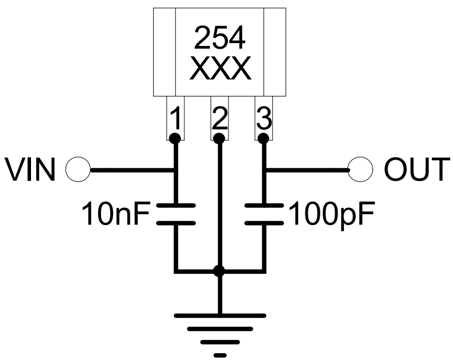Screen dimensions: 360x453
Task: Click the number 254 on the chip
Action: [x=220, y=38]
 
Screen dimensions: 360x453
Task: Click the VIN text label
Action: [x=31, y=170]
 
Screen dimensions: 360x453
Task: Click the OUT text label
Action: [x=415, y=170]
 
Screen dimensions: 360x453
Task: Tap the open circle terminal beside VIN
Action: [x=78, y=170]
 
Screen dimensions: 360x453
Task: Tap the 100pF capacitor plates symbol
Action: [x=264, y=214]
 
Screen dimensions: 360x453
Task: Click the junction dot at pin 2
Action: [x=219, y=138]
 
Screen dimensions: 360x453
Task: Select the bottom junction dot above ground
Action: [x=219, y=270]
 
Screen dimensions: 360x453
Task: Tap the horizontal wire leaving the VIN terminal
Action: [x=132, y=170]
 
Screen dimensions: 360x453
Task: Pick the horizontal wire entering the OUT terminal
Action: [x=307, y=170]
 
